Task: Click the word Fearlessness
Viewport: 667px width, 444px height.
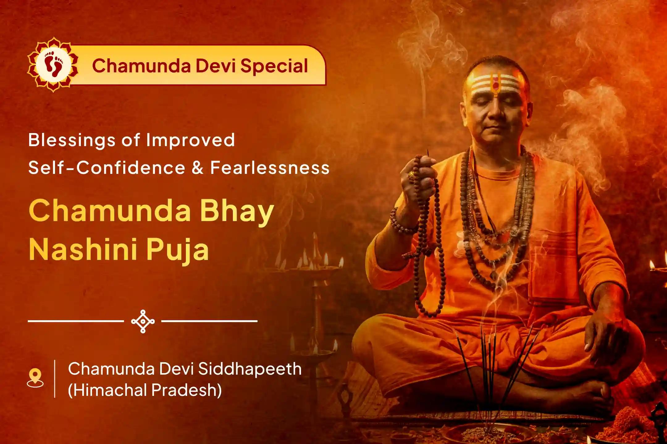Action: [270, 168]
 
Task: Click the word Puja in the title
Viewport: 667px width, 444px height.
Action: [178, 250]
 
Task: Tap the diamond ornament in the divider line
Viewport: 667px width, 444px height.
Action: [143, 321]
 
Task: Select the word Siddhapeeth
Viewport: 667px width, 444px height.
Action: [250, 369]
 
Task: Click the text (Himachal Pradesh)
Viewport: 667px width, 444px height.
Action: [145, 390]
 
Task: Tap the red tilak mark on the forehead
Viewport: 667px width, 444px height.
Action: [496, 84]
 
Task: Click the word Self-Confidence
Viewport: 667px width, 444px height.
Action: [107, 168]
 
